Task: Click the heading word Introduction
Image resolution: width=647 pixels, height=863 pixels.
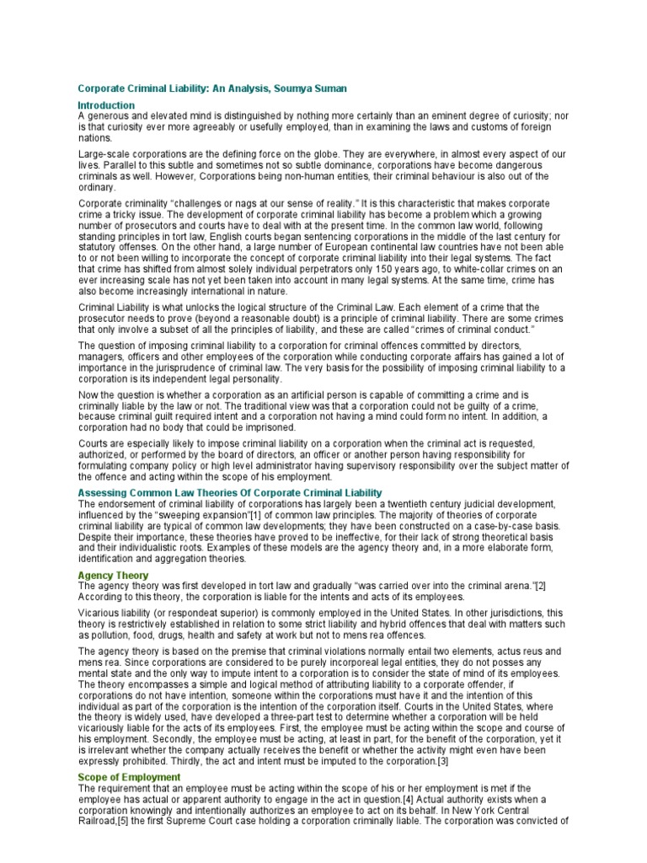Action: coord(106,105)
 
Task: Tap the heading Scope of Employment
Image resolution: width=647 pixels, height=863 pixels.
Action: coord(129,776)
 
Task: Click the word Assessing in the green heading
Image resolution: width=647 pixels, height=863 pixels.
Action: coord(101,492)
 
